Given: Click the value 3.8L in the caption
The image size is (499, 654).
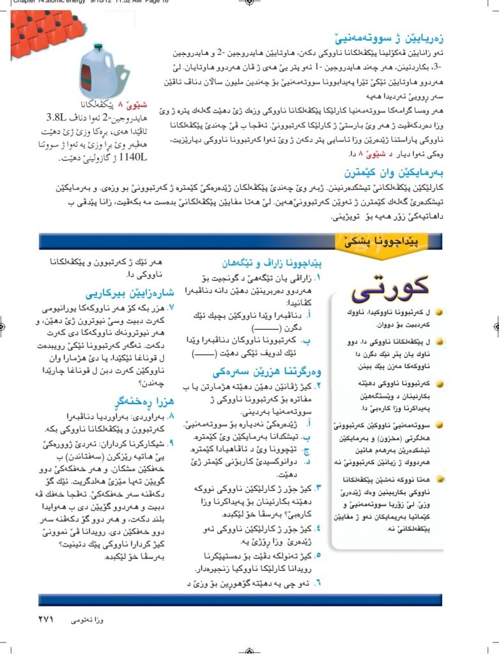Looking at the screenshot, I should coord(61,118).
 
